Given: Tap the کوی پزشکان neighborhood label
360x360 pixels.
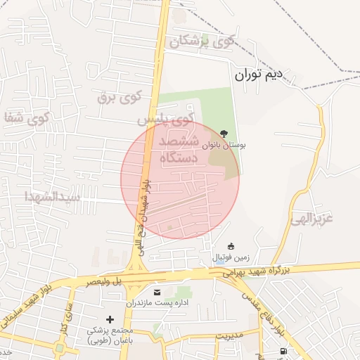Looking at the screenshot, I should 202,41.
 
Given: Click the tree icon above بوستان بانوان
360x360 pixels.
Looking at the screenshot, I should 224,133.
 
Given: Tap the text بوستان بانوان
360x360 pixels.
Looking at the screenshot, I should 224,146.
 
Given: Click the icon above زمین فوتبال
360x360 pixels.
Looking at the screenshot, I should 231,245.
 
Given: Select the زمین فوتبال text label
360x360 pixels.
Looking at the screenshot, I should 231,258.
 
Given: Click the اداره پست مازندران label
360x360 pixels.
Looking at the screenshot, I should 156,303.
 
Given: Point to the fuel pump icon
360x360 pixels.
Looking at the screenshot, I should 283,351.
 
